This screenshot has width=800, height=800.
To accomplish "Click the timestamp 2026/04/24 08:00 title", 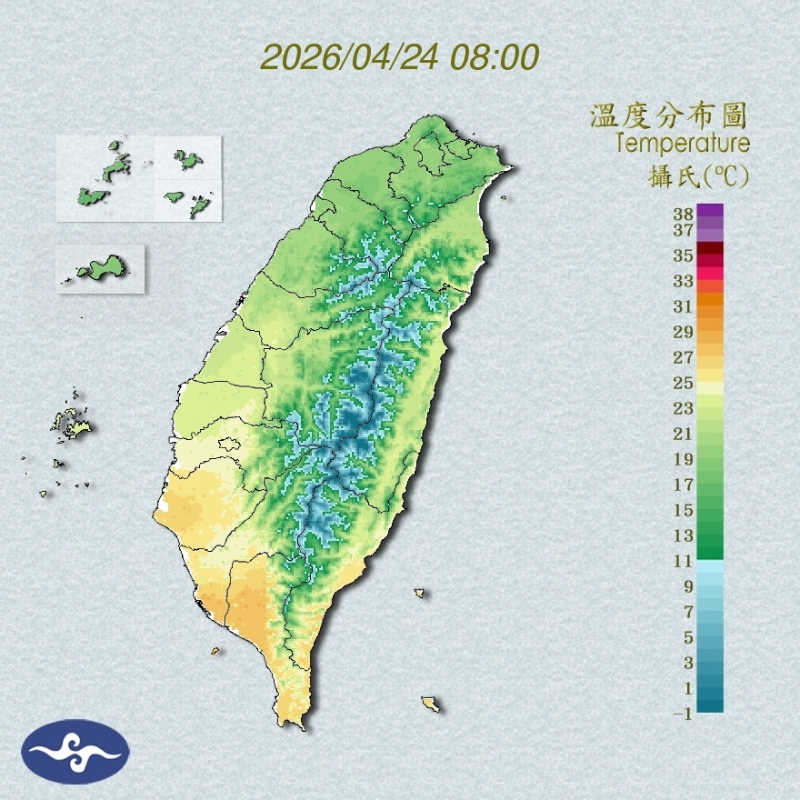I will (x=400, y=56).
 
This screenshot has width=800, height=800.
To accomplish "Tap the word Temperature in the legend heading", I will (x=682, y=144).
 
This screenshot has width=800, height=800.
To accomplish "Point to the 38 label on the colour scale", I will (x=684, y=215).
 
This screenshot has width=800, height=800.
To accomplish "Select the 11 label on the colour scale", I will (x=684, y=562).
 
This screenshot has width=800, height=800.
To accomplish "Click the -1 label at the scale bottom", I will (x=682, y=714).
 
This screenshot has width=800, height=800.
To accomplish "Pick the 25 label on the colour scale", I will (x=684, y=383).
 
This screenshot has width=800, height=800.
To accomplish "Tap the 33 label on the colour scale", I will (x=684, y=281).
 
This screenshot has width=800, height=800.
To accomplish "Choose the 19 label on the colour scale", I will (x=684, y=459).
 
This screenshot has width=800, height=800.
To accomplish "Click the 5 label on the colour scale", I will (x=687, y=637).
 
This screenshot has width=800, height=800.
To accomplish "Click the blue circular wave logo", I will (x=75, y=752).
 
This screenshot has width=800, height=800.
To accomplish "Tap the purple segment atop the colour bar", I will (x=711, y=211).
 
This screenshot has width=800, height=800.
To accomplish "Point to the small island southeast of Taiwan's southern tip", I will (x=431, y=704).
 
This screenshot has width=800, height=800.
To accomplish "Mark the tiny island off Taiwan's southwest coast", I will (x=215, y=651).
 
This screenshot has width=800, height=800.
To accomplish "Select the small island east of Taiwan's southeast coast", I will (x=419, y=594).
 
